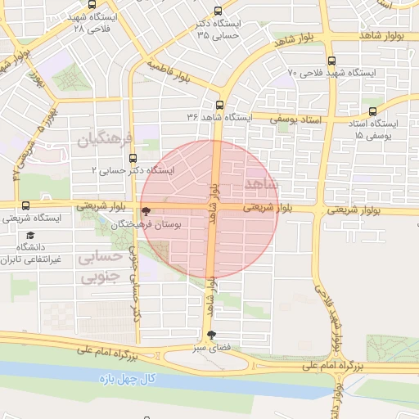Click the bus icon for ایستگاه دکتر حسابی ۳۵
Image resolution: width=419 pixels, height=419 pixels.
[217, 11]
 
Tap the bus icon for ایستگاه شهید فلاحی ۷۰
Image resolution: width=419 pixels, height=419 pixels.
[331, 61]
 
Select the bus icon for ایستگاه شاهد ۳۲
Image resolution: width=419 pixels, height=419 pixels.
[219, 105]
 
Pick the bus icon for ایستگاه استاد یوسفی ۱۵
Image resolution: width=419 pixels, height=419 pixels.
[373, 111]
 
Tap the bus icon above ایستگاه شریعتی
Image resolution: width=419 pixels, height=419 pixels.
[25, 205]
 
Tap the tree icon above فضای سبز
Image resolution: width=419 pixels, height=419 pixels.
[213, 334]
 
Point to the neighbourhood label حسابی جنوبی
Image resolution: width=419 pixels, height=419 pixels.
[98, 266]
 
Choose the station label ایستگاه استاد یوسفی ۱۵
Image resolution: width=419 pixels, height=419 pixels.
[373, 128]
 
